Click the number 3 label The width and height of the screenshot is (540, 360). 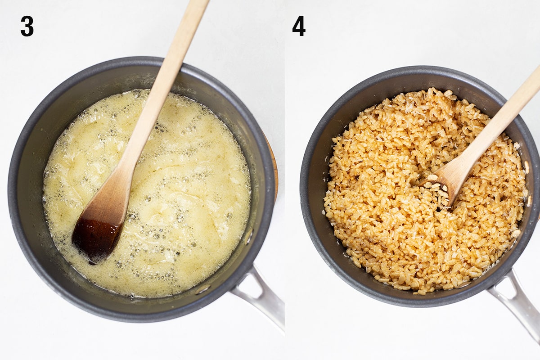click(x=27, y=26)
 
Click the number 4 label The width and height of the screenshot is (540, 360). click(x=299, y=26)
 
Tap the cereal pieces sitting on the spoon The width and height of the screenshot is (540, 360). click(x=434, y=184)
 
